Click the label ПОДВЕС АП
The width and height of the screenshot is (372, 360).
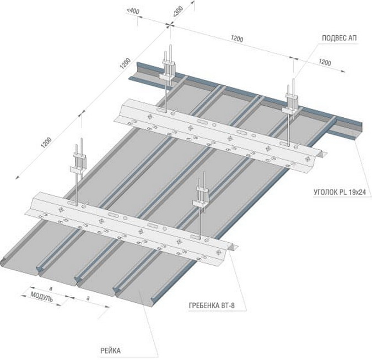click(x=339, y=38)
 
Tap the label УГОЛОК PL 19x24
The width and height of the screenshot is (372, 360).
click(x=339, y=192)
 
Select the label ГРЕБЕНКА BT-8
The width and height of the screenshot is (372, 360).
click(x=212, y=306)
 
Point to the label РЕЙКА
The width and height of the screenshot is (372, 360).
click(x=111, y=351)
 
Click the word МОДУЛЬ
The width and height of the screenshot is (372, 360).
click(x=42, y=297)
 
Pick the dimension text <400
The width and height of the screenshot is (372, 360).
click(x=133, y=12)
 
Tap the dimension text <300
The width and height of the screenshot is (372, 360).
click(x=178, y=12)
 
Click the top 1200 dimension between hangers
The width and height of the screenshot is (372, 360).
click(x=237, y=39)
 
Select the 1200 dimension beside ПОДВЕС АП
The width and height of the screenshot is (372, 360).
click(x=325, y=62)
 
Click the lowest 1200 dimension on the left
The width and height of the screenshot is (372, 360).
click(x=46, y=143)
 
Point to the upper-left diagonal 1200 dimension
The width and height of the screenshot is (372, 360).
click(x=125, y=63)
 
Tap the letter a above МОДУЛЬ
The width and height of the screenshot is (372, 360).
click(x=51, y=288)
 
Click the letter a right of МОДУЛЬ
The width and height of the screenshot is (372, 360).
click(x=88, y=298)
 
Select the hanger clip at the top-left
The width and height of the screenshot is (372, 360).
click(x=169, y=70)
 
